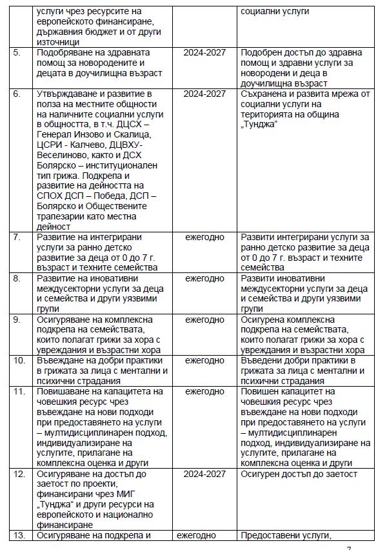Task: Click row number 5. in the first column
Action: pyautogui.click(x=17, y=52)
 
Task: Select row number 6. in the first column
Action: pyautogui.click(x=17, y=94)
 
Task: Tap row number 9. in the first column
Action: pyautogui.click(x=17, y=320)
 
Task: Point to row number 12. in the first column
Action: pyautogui.click(x=18, y=474)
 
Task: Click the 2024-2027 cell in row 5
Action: pyautogui.click(x=204, y=52)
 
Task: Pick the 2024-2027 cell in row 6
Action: pyautogui.click(x=204, y=94)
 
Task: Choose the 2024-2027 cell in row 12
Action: pyautogui.click(x=204, y=474)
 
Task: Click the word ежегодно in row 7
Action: pyautogui.click(x=205, y=238)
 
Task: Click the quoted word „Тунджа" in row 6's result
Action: pyautogui.click(x=259, y=125)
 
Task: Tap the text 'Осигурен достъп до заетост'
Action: pyautogui.click(x=298, y=474)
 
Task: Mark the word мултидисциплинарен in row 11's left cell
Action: pyautogui.click(x=92, y=433)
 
